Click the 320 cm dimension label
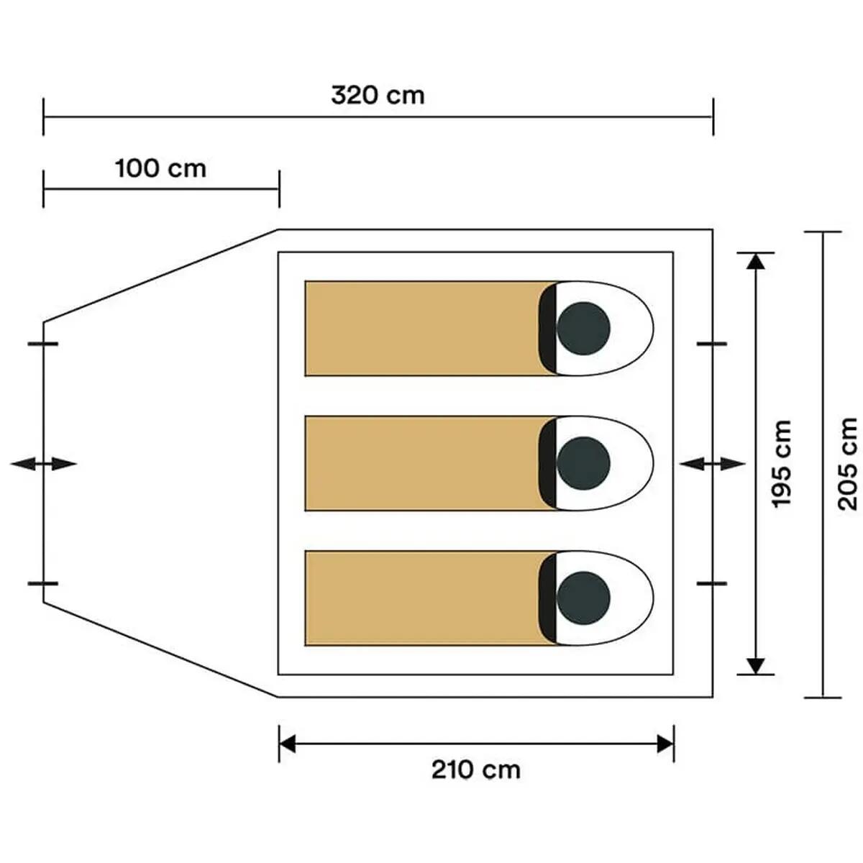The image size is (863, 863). [378, 96]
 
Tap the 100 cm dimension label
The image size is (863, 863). [161, 169]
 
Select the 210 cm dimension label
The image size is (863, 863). [476, 770]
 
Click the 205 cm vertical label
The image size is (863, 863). [847, 464]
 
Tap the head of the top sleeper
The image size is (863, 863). [583, 328]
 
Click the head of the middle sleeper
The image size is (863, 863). [583, 463]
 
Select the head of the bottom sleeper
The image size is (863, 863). [583, 598]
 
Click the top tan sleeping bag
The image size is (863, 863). [430, 328]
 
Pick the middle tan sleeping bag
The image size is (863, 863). [430, 463]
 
